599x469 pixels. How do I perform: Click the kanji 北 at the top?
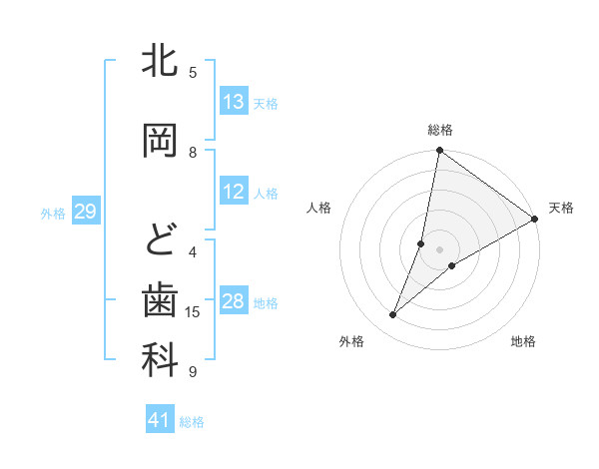point(160,62)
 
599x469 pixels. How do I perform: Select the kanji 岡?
point(160,140)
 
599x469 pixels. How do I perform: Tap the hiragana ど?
point(160,240)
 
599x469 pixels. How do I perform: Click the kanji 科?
point(160,361)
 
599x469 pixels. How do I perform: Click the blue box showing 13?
point(234,102)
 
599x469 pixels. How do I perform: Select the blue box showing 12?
point(234,192)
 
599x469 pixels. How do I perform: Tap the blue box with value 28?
point(234,302)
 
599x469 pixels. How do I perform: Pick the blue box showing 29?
point(85,212)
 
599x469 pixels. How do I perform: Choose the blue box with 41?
point(161,420)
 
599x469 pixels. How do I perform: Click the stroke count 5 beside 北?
point(193,72)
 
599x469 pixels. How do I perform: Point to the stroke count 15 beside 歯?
point(193,312)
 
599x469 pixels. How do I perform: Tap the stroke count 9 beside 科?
point(193,372)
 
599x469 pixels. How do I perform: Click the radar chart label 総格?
point(439,130)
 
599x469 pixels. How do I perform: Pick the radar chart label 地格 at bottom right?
point(523,341)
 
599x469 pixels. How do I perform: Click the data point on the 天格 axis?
point(535,220)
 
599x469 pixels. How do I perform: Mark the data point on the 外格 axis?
point(393,315)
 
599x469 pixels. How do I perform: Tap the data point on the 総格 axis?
point(439,151)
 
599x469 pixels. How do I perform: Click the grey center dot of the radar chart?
point(439,249)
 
